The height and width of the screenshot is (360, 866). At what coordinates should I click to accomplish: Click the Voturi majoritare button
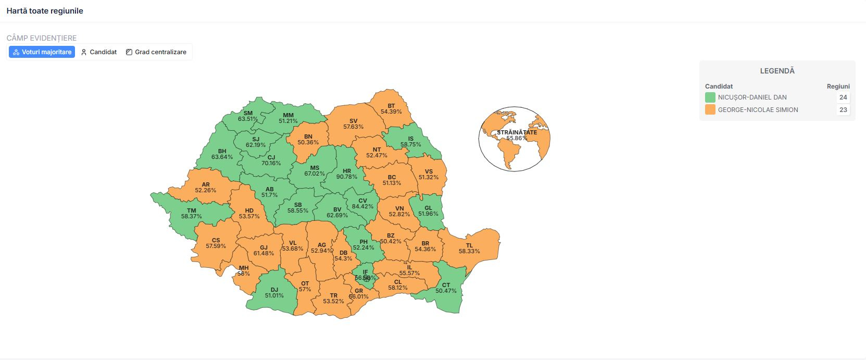click(42, 52)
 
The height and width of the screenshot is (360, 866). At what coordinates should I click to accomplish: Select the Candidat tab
click(99, 52)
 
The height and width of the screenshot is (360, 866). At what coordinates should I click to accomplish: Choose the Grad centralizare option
click(156, 52)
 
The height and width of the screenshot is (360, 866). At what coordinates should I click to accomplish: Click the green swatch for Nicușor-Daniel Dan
click(710, 97)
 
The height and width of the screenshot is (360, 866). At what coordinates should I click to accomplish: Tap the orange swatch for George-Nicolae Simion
click(710, 110)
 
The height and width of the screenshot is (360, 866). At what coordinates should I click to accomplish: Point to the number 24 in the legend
click(843, 97)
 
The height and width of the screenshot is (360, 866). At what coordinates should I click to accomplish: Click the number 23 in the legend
click(843, 110)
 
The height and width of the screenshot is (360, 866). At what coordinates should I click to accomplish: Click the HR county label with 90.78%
click(347, 174)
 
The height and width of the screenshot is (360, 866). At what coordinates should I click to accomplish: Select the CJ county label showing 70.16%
click(271, 160)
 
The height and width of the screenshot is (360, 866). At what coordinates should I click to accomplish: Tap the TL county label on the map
click(469, 249)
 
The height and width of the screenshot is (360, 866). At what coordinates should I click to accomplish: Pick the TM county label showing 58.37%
click(192, 214)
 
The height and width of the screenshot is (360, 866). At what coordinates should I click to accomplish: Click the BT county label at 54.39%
click(391, 109)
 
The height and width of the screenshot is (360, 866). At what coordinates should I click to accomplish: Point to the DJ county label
click(274, 293)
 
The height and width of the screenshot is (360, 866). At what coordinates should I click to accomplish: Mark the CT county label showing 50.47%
click(446, 288)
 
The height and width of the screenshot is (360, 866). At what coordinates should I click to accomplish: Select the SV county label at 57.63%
click(354, 124)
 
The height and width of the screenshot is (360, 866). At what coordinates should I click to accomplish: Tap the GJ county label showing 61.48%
click(263, 251)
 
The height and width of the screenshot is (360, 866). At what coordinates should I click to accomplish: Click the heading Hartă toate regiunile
click(45, 11)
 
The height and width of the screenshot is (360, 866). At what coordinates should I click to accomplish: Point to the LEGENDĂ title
click(777, 71)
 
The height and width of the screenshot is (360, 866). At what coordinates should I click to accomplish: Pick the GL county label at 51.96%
click(428, 211)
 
